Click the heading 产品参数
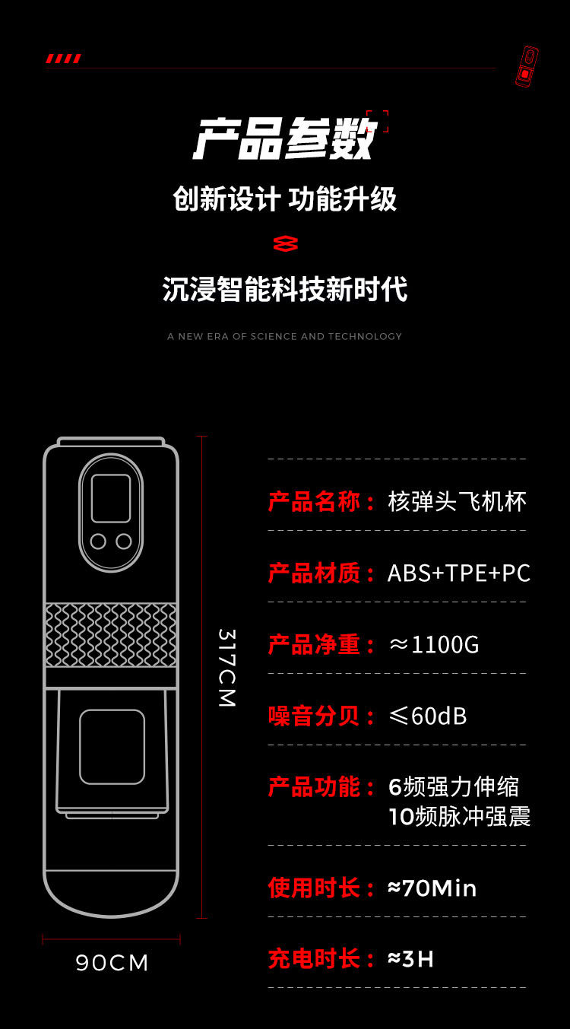coord(284,139)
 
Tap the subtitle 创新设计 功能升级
coord(284,199)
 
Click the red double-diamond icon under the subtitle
coord(285,243)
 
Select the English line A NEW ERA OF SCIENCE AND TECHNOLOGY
coord(284,336)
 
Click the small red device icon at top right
coord(527,66)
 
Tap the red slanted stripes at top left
coord(63,59)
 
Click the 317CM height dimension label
coord(227,668)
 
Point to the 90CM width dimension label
coord(112,963)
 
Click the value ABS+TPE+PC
coord(458,573)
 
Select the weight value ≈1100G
coord(434,645)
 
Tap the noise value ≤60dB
coord(427,716)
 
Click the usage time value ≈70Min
coord(432,888)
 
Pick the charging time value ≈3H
coord(410,959)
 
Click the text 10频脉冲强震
coord(459,816)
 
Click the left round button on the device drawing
coord(98,541)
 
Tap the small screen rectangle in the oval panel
coord(111,498)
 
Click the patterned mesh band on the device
coord(111,635)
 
